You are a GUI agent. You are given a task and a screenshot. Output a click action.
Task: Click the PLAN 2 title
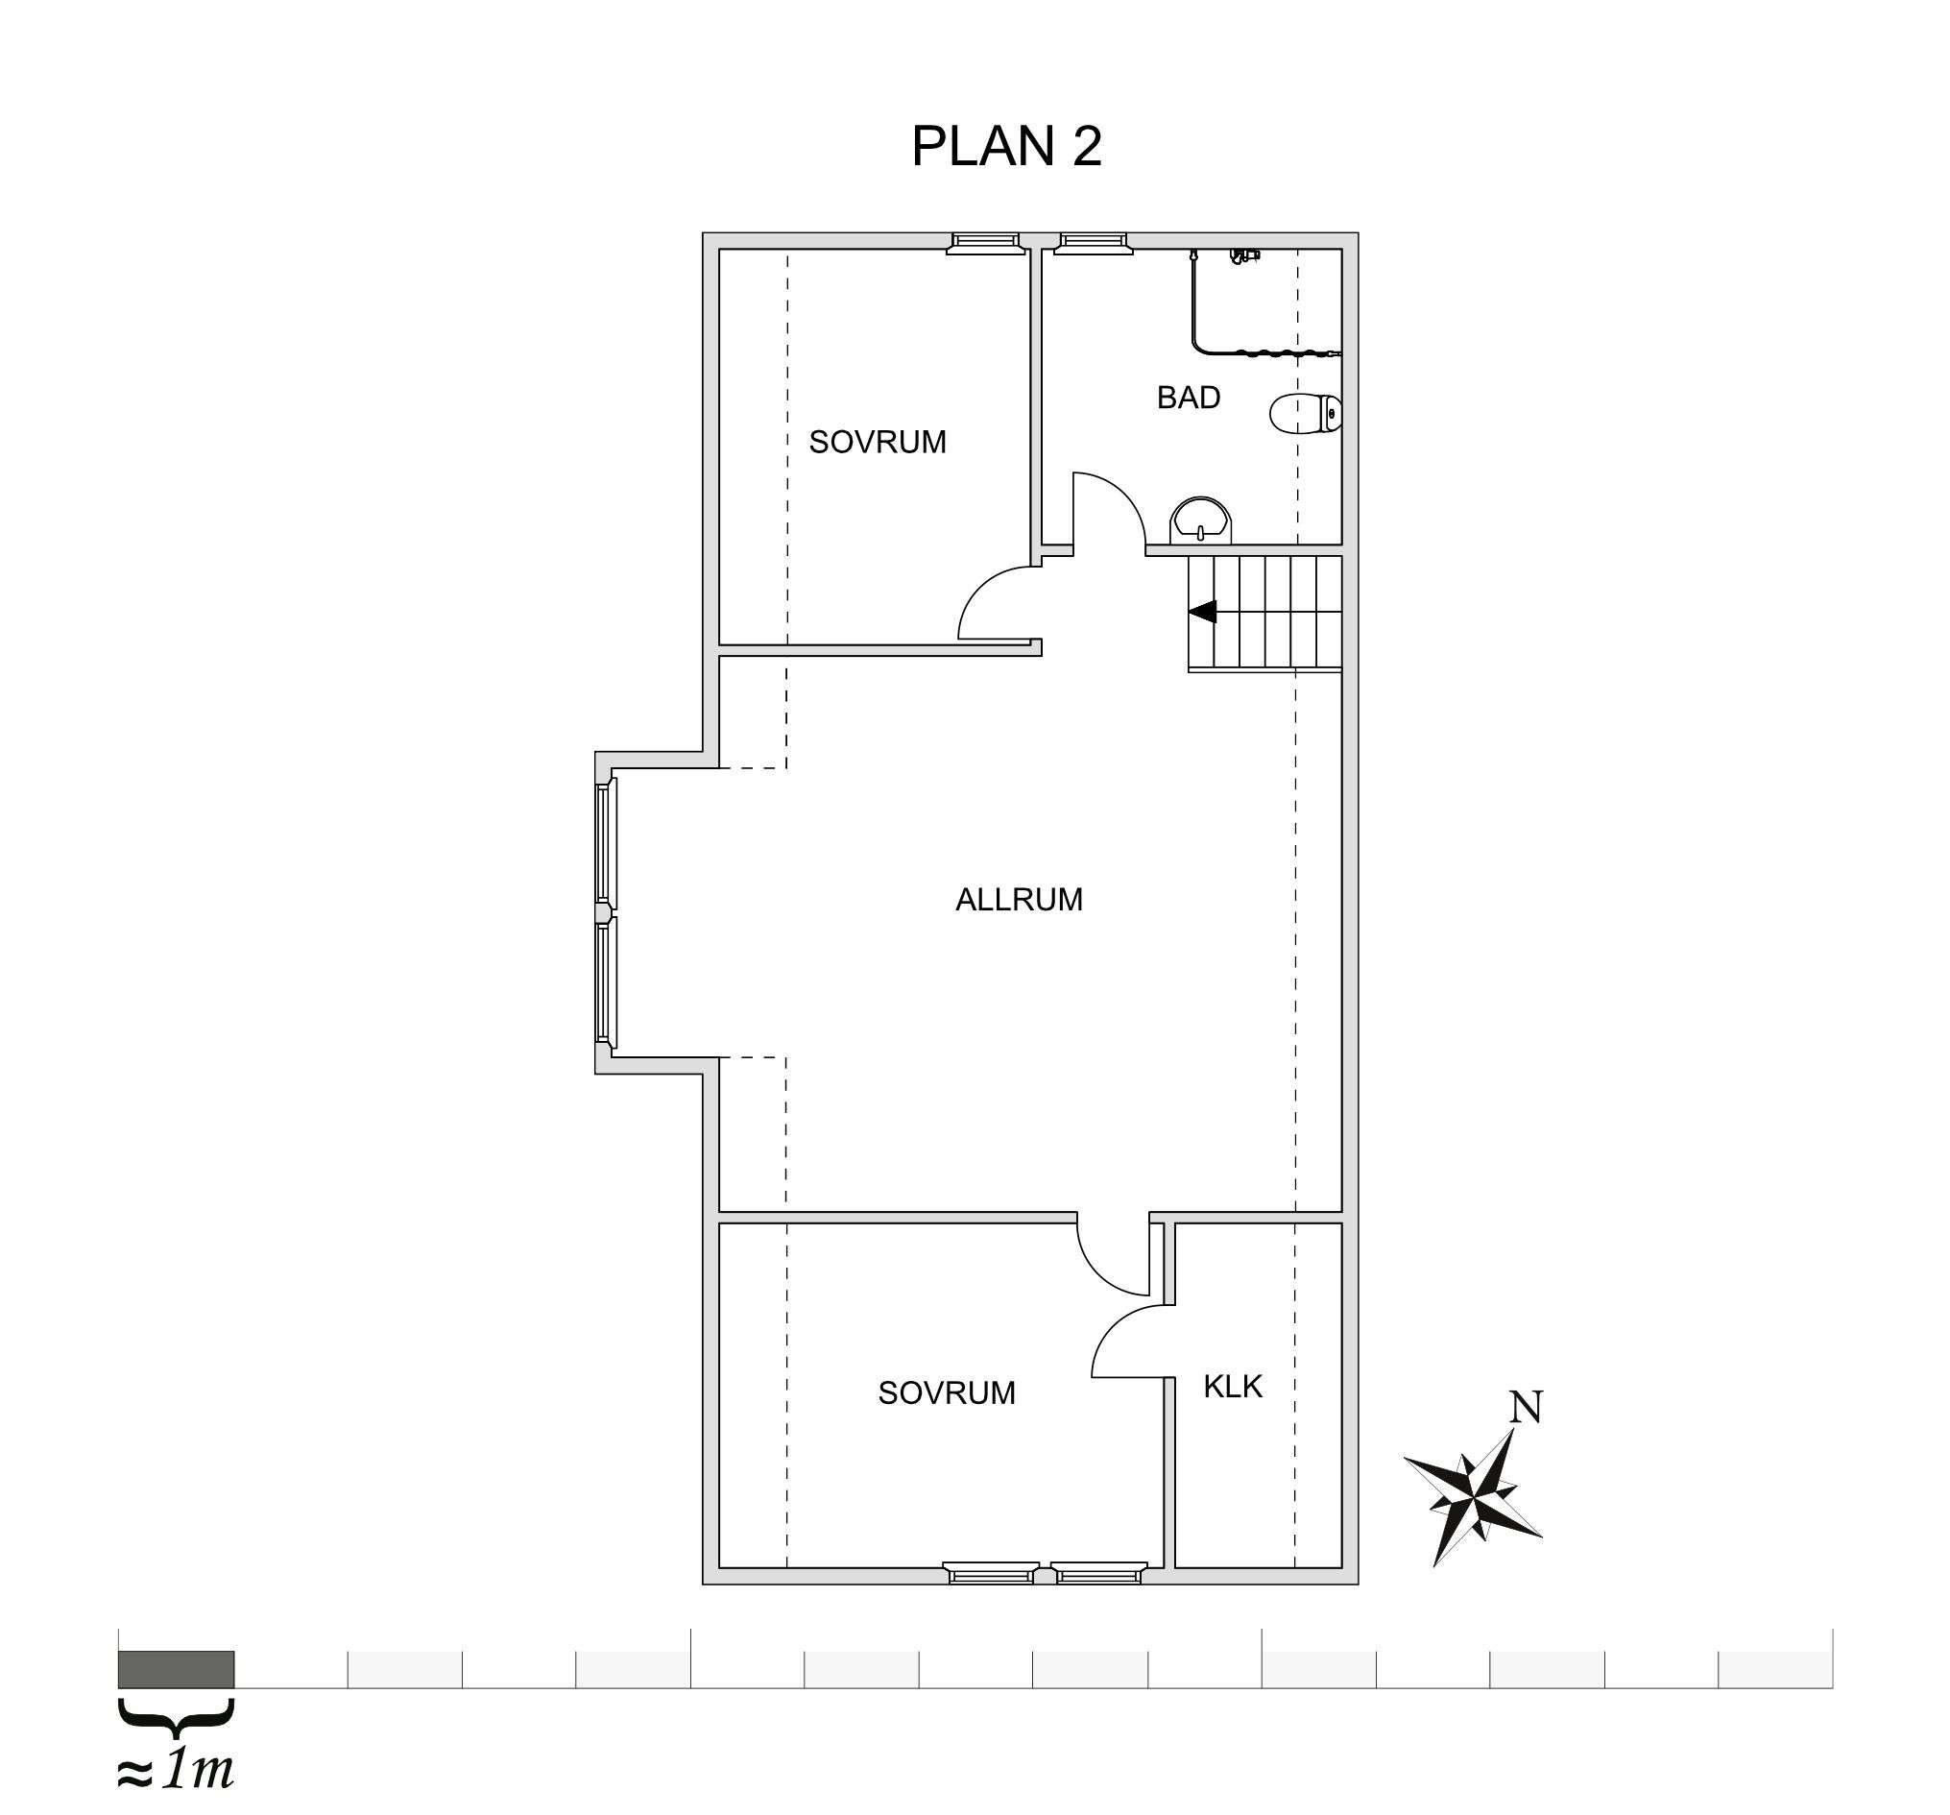pyautogui.click(x=1006, y=146)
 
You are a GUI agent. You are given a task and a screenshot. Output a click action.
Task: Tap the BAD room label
pyautogui.click(x=1188, y=398)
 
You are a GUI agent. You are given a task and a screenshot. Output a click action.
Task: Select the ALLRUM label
pyautogui.click(x=1019, y=900)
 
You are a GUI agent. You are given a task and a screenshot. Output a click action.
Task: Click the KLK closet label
pyautogui.click(x=1233, y=1387)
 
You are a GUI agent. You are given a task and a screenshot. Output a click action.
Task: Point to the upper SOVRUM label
pyautogui.click(x=877, y=443)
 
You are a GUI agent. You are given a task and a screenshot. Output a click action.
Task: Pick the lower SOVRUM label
pyautogui.click(x=947, y=1393)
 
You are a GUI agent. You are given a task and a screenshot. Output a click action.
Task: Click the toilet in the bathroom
pyautogui.click(x=1306, y=414)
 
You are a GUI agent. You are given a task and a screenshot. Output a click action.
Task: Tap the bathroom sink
pyautogui.click(x=1199, y=520)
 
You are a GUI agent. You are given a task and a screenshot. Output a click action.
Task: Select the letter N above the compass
pyautogui.click(x=1526, y=1407)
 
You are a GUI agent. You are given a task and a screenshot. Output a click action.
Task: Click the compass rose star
pyautogui.click(x=1473, y=1498)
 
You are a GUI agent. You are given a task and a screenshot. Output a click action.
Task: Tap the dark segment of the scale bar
pyautogui.click(x=177, y=1669)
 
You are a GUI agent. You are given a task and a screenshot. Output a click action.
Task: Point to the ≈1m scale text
pyautogui.click(x=176, y=1770)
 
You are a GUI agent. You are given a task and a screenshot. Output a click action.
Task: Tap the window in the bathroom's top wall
pyautogui.click(x=1092, y=242)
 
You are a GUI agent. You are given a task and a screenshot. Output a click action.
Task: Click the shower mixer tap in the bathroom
pyautogui.click(x=1243, y=257)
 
